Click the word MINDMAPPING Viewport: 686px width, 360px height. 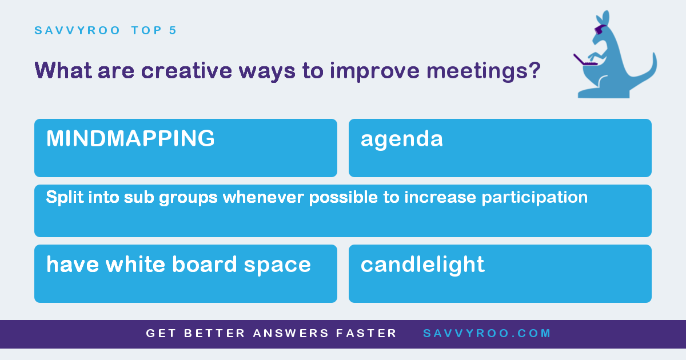(x=130, y=138)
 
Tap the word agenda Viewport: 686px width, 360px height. (x=402, y=140)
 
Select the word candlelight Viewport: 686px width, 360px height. (x=422, y=265)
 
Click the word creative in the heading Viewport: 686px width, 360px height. (x=186, y=71)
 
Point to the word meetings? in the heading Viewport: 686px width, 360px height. (x=484, y=71)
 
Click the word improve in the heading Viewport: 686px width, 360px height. (x=374, y=71)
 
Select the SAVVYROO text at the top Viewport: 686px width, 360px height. (x=77, y=30)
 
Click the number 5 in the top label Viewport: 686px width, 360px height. (x=173, y=30)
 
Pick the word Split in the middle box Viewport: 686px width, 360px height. (x=65, y=198)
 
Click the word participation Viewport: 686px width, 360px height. (x=535, y=198)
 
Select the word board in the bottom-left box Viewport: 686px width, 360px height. (x=204, y=264)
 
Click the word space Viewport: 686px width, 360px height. (x=277, y=266)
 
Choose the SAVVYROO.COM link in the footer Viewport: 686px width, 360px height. (x=487, y=333)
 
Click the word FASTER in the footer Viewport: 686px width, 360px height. (x=366, y=333)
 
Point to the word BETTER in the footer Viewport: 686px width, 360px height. (x=214, y=333)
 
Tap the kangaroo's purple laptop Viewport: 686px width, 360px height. (x=584, y=60)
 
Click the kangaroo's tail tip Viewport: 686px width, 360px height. (x=654, y=54)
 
